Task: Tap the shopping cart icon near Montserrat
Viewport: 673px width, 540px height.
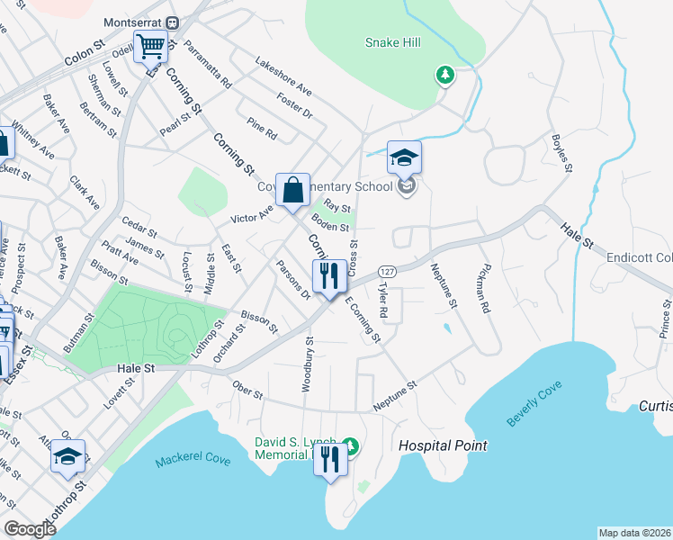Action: point(151,45)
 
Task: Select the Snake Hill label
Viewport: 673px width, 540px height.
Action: point(393,42)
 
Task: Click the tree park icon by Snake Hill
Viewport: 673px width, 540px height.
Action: point(444,75)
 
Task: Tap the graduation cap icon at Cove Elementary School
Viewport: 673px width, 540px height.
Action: point(405,157)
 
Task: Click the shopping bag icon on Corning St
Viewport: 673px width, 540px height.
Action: point(293,191)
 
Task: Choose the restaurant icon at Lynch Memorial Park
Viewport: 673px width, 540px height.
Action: point(330,459)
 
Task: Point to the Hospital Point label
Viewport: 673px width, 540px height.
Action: point(443,445)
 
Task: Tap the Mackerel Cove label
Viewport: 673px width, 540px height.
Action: point(193,461)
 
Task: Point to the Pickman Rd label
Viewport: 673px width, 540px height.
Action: point(486,287)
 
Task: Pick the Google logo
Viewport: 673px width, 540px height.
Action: point(31,529)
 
